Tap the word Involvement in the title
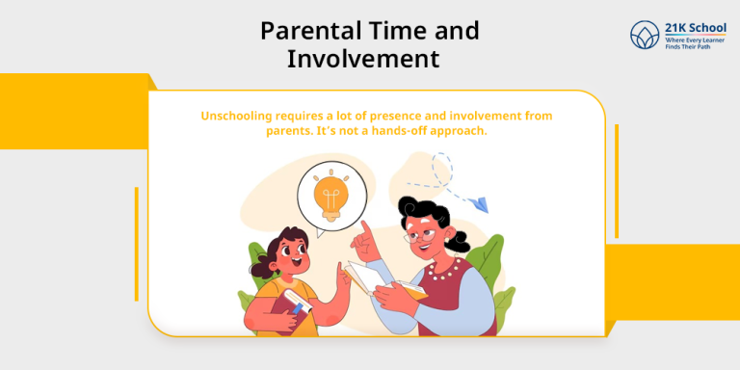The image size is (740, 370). click(x=363, y=60)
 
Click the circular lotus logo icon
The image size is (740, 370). click(x=645, y=36)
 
